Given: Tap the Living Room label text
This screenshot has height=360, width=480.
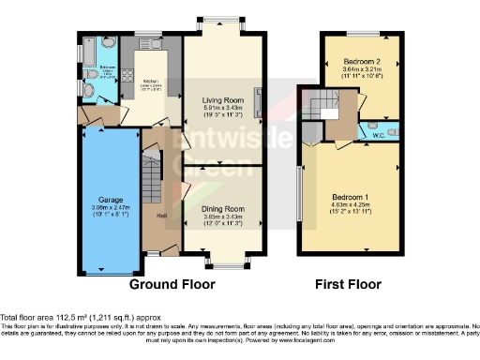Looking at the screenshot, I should point(222,100).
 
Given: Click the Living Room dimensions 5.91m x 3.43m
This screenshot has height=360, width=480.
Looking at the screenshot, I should point(222,109).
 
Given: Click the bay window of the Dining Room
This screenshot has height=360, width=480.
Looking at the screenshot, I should point(222,261).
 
